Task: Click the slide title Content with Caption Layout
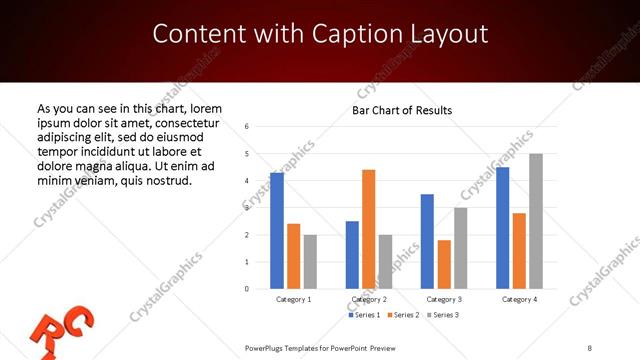(320, 34)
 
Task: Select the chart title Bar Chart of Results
(402, 110)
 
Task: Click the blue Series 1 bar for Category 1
(277, 231)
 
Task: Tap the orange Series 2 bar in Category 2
(368, 229)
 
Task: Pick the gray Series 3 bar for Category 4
(536, 221)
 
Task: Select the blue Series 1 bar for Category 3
(427, 241)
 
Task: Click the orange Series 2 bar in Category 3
(444, 264)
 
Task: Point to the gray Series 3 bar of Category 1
(310, 262)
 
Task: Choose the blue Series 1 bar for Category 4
(502, 228)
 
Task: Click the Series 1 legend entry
(365, 315)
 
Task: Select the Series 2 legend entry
(403, 315)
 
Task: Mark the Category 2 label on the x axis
(369, 299)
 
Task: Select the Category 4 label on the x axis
(519, 299)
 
